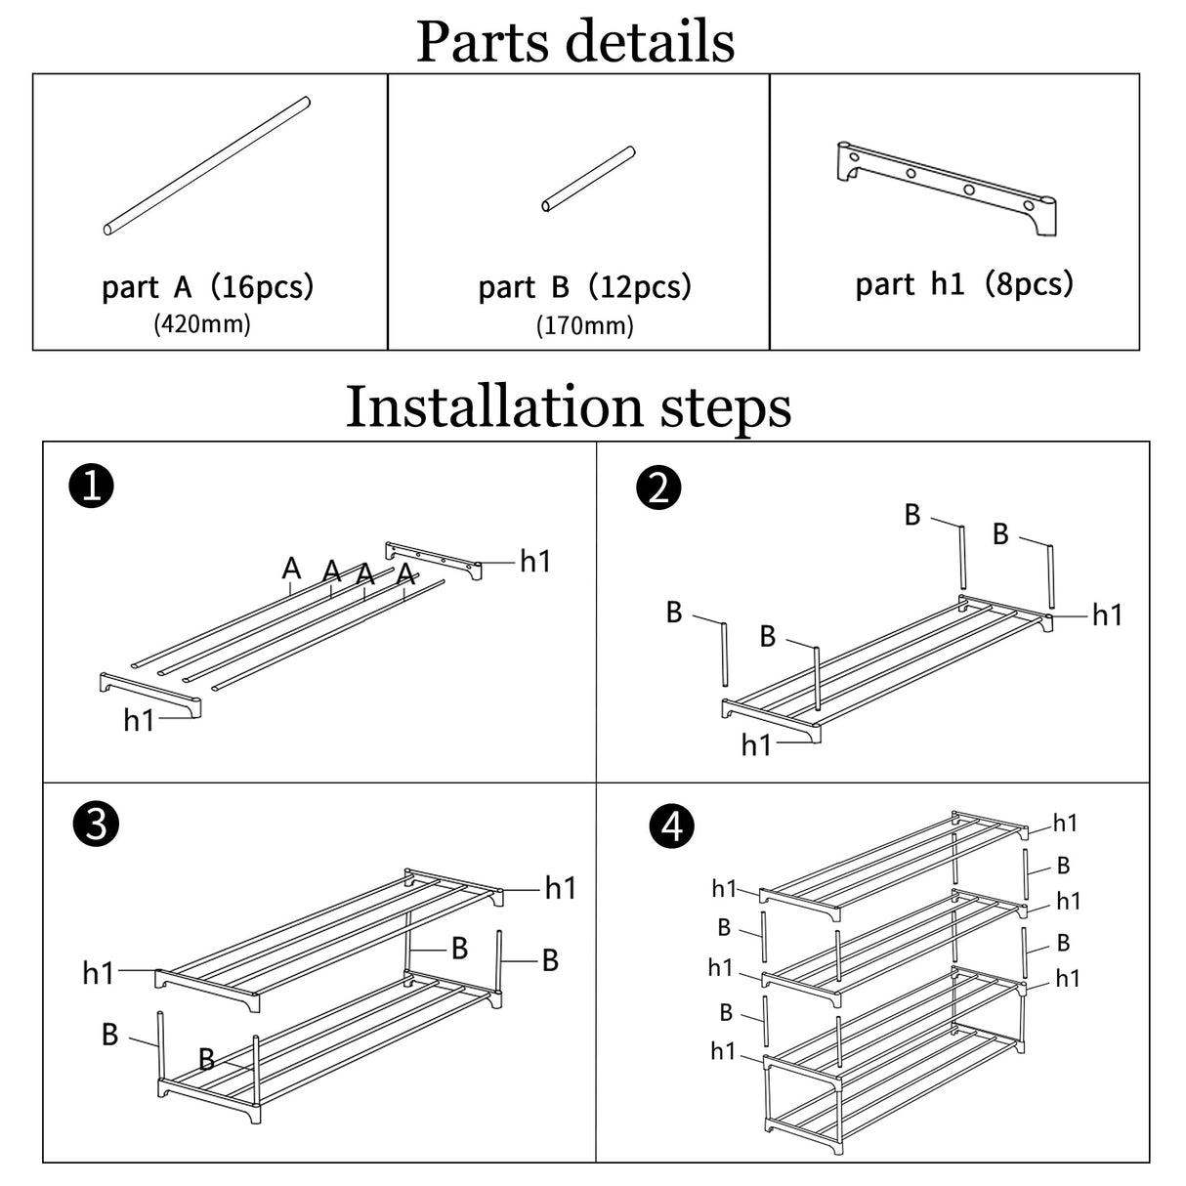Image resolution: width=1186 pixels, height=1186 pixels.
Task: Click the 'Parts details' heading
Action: tap(575, 41)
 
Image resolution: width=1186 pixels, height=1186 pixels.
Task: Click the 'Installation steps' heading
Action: tap(569, 406)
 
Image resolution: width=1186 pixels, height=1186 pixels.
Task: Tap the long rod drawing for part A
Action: tap(206, 165)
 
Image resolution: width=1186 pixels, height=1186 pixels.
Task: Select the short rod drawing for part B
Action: tap(588, 179)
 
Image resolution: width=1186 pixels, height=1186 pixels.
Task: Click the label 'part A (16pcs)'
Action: tap(207, 287)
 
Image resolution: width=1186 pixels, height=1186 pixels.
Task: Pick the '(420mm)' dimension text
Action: tap(202, 323)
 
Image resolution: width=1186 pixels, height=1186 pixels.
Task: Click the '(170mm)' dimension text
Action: tap(584, 325)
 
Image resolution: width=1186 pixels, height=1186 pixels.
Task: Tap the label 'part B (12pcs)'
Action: tap(584, 287)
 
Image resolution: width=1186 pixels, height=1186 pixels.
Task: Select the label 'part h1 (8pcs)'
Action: tap(964, 284)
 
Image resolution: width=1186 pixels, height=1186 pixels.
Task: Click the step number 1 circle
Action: tap(92, 486)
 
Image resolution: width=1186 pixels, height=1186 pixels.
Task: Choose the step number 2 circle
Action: tap(658, 487)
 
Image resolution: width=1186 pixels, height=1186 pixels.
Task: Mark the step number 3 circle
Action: tap(96, 826)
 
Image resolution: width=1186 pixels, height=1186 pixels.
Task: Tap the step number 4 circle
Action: tap(671, 827)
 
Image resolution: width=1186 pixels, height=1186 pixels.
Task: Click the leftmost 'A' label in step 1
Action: tap(291, 568)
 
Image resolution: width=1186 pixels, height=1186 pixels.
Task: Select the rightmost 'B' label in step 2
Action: tap(1000, 533)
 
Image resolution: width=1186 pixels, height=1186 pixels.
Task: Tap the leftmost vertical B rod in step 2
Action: tap(726, 654)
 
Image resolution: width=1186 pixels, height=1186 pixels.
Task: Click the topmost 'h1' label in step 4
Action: tap(1065, 824)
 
